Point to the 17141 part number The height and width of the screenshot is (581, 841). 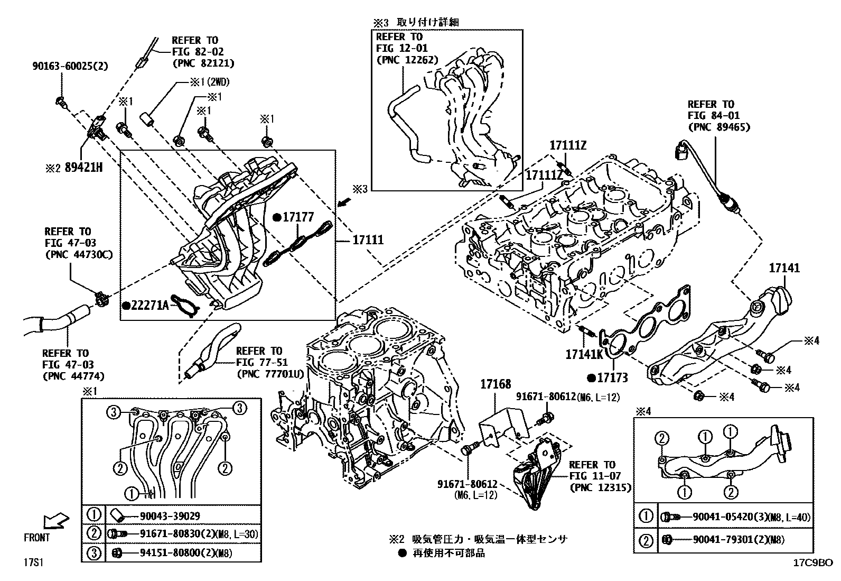784,269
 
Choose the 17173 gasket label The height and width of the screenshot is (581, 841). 612,377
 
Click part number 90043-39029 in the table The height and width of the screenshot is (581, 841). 170,516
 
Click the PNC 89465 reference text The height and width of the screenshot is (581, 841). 719,127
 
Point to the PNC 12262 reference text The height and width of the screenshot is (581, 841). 407,60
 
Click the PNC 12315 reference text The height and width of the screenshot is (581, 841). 600,487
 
